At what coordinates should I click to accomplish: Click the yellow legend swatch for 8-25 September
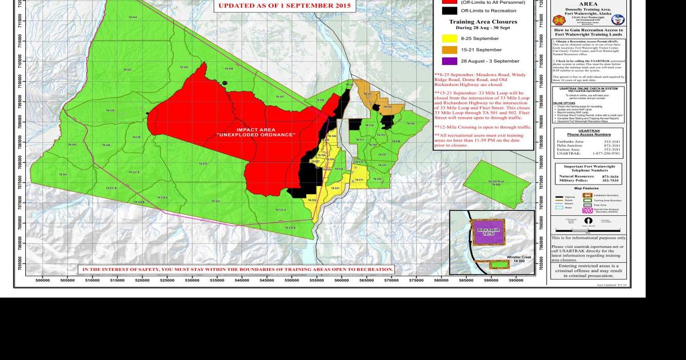(449, 39)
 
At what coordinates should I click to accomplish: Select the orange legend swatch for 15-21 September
(449, 50)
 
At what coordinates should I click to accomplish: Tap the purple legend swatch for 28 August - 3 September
(449, 61)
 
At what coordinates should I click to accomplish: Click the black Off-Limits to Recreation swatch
(449, 11)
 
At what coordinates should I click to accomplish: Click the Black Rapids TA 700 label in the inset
(489, 232)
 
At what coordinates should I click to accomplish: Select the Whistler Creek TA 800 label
(519, 259)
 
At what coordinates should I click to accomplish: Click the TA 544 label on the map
(132, 17)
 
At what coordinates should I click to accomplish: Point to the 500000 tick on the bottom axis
(43, 280)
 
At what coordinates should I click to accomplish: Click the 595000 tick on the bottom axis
(516, 280)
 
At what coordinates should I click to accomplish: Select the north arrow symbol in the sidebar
(588, 221)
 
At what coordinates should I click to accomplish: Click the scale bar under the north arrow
(588, 231)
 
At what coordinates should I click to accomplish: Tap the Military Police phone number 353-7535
(610, 181)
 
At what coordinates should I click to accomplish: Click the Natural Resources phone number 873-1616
(610, 177)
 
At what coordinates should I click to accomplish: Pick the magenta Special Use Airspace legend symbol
(588, 210)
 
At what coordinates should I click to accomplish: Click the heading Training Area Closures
(483, 22)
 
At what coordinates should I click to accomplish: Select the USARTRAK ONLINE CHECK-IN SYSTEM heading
(588, 89)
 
